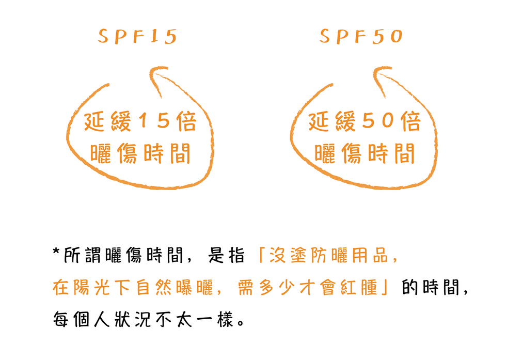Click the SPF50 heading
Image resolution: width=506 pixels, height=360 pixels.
[360, 36]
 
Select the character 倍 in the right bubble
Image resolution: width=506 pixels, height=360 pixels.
[409, 123]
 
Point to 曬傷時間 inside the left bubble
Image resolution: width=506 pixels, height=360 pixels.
[140, 153]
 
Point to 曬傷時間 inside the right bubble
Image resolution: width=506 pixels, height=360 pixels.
[365, 153]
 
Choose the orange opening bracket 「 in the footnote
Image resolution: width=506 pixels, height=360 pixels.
[263, 255]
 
